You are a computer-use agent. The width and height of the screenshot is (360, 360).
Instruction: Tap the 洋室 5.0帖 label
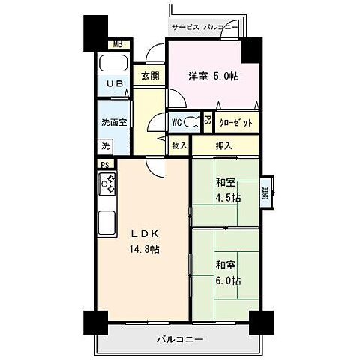[x=213, y=76]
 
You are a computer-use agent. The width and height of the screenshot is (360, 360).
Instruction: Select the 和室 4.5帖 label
[x=228, y=190]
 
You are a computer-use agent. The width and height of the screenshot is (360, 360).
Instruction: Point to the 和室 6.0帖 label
[x=228, y=272]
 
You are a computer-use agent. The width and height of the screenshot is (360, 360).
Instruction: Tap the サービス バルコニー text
[x=205, y=27]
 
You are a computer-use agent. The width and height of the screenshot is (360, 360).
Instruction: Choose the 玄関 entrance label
[x=149, y=75]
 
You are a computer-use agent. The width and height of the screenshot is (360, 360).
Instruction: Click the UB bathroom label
[x=114, y=84]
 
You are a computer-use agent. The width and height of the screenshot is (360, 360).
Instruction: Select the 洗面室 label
[x=112, y=122]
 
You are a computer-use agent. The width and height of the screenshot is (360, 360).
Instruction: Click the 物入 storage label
[x=179, y=146]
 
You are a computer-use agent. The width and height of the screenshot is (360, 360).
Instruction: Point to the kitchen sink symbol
[x=106, y=223]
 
